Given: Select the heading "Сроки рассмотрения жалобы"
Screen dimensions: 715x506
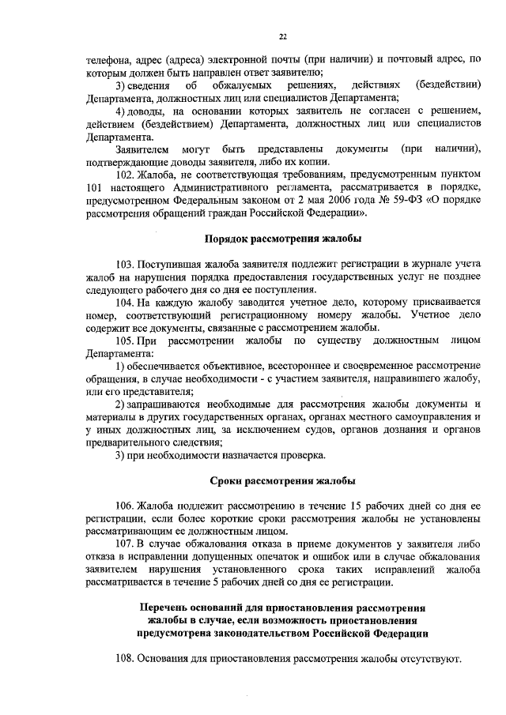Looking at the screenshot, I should point(283,481).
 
